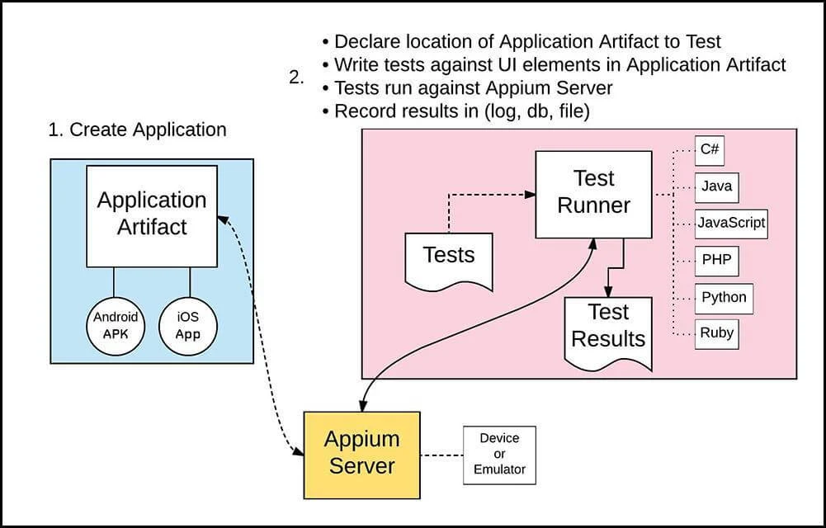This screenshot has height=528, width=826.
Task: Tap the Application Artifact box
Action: [152, 214]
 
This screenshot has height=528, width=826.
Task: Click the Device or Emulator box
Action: [499, 455]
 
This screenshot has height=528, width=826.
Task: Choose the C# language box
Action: [710, 149]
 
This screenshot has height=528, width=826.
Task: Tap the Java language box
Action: [715, 186]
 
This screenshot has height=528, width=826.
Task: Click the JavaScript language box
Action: [731, 223]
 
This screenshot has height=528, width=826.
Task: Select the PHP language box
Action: [715, 260]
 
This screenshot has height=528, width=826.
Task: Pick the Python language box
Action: [724, 297]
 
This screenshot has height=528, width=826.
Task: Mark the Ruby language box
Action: [715, 333]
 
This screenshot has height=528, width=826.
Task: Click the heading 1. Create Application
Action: [137, 130]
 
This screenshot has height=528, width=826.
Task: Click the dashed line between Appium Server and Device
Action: [441, 454]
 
